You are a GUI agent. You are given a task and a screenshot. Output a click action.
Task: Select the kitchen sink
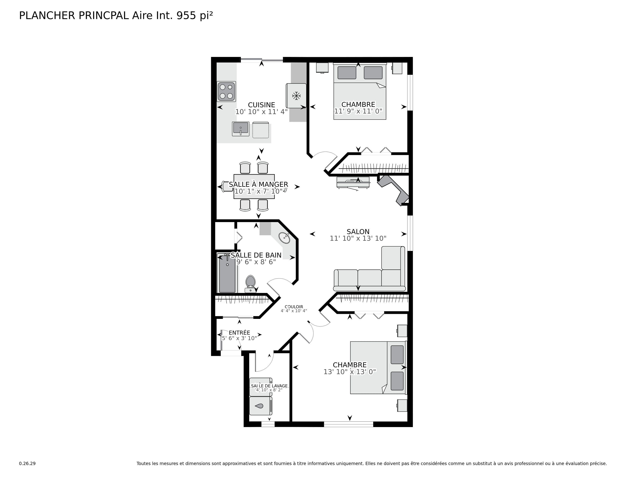click(x=241, y=129)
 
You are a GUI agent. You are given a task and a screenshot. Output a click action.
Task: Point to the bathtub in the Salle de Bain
click(x=227, y=273)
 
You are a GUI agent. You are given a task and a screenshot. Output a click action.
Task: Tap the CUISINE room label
click(x=261, y=105)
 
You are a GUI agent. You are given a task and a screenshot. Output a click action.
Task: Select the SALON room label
click(x=358, y=232)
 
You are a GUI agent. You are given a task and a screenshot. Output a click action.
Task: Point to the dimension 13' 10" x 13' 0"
click(x=350, y=372)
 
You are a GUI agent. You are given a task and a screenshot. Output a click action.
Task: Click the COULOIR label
click(x=294, y=307)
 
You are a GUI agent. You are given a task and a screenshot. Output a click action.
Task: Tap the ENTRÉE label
click(x=239, y=333)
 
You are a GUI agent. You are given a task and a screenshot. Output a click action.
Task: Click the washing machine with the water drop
click(x=260, y=406)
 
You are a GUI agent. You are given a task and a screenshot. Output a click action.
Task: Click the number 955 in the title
click(x=186, y=16)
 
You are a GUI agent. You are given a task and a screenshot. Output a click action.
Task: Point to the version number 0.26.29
click(x=27, y=463)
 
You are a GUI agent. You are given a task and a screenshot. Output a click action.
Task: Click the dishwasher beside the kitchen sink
click(x=260, y=130)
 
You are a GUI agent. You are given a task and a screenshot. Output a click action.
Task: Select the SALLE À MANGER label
click(x=258, y=184)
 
